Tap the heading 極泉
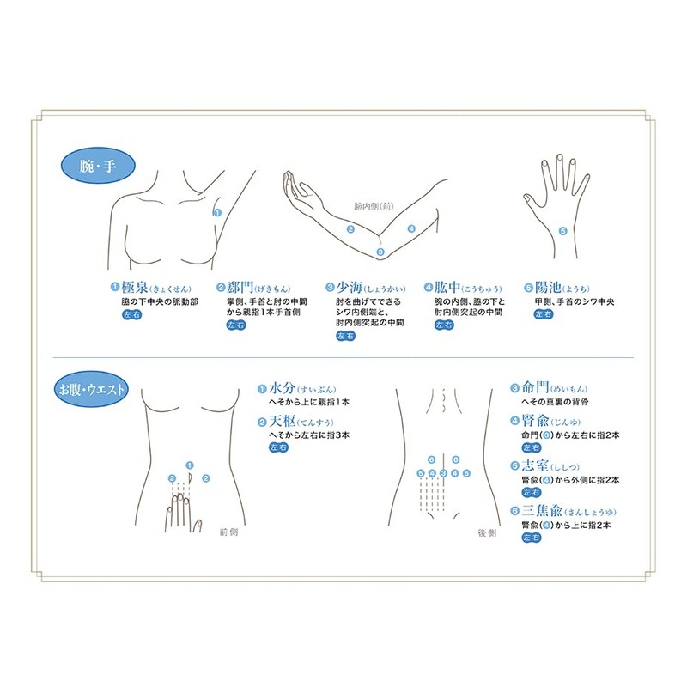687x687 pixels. [137, 289]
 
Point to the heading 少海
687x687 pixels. [350, 289]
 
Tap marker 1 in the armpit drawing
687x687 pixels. [217, 212]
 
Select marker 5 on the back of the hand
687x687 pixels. [562, 230]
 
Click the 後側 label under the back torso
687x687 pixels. [488, 532]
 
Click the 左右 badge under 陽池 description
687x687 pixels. [544, 315]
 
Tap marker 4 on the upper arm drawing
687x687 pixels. [412, 229]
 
